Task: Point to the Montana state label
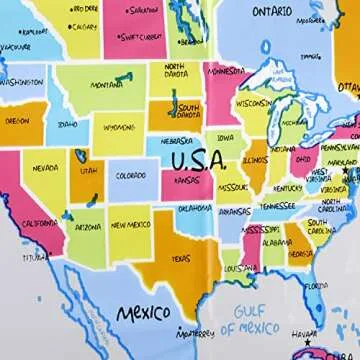[107, 85]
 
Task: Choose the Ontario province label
[272, 12]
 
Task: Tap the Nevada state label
[45, 168]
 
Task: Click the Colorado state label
[131, 176]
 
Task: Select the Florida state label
[317, 285]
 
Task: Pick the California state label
[40, 223]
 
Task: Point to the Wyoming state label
[118, 128]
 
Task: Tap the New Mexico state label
[131, 226]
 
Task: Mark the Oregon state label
[17, 120]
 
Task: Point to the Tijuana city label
[36, 257]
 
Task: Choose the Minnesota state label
[225, 72]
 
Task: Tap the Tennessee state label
[277, 205]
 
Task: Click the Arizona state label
[88, 227]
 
